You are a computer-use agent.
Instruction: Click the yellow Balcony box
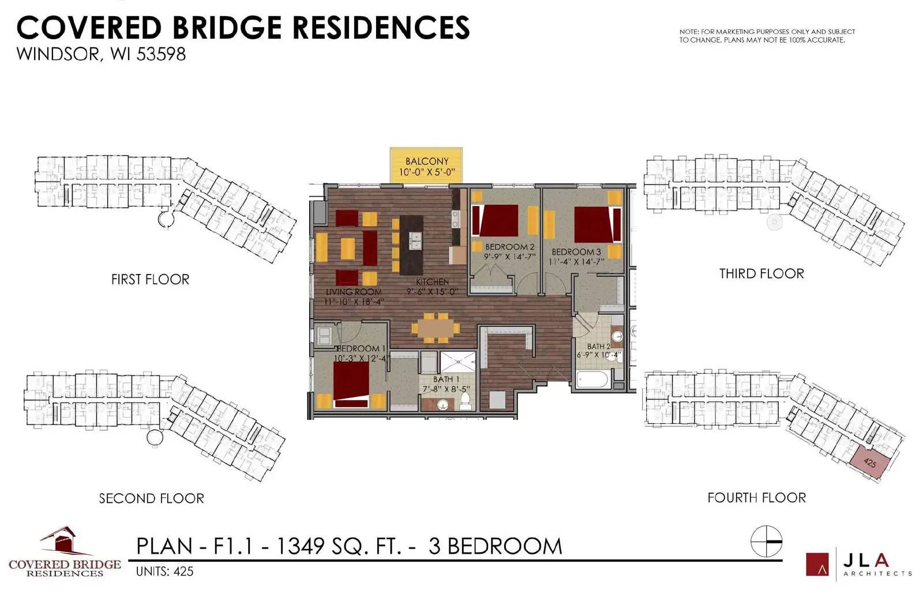[426, 165]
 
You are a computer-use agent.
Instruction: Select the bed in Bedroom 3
[598, 224]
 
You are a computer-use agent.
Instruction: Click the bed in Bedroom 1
[351, 384]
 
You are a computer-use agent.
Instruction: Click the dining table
[436, 328]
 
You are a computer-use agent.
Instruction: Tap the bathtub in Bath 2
[592, 380]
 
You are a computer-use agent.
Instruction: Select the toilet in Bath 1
[466, 400]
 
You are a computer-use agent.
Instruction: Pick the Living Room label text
[354, 292]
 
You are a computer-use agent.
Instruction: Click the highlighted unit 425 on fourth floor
[869, 463]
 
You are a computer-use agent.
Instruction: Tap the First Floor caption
[151, 279]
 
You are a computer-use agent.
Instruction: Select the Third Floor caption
[761, 273]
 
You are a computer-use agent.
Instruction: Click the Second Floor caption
[152, 498]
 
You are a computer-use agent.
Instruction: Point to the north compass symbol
[766, 541]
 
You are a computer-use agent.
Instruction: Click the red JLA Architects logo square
[817, 564]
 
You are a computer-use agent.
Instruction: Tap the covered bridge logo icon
[65, 541]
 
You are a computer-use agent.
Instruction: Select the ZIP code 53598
[161, 54]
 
